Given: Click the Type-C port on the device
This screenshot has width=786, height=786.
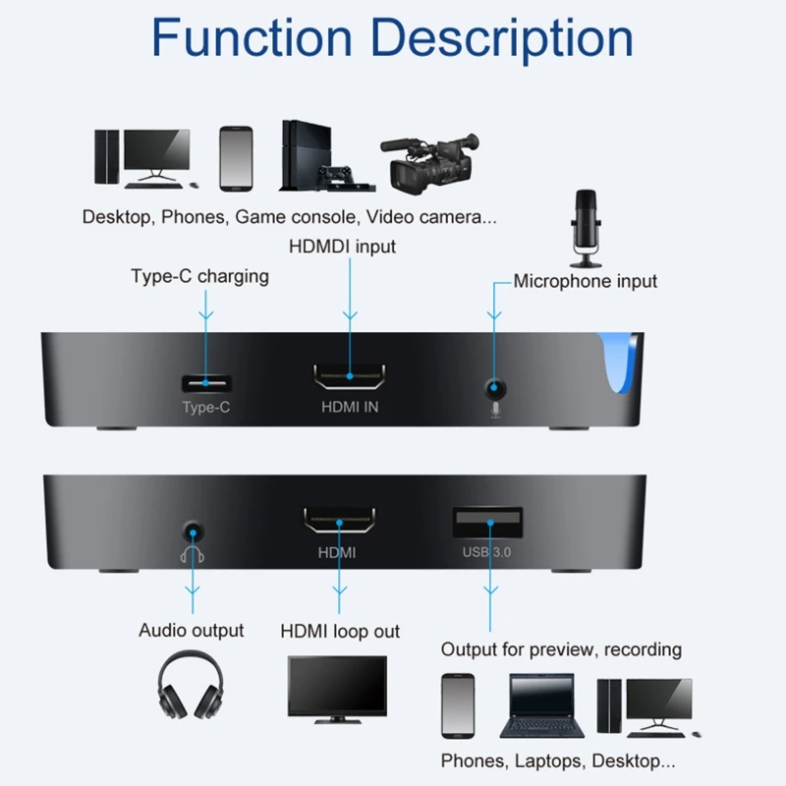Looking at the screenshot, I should [206, 382].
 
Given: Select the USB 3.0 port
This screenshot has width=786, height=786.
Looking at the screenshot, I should [487, 522].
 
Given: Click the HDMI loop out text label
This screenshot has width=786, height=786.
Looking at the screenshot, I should [340, 631].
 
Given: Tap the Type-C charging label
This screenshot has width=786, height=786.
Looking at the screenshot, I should [199, 276].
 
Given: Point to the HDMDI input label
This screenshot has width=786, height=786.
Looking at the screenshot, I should [342, 246].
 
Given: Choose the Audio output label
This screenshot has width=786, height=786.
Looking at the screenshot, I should [192, 630].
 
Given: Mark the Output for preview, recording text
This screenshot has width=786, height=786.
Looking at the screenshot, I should [561, 649].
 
